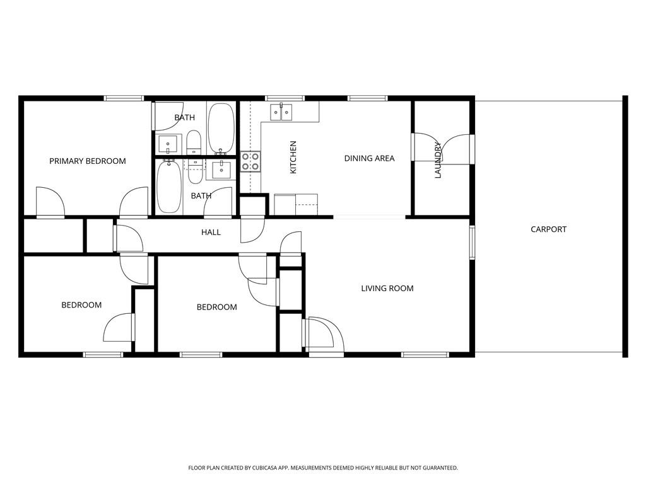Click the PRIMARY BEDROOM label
[88, 161]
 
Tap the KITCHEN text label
[293, 158]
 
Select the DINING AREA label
[369, 158]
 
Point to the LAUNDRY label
[438, 160]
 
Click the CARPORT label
[548, 229]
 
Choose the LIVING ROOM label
[387, 288]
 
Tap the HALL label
[211, 232]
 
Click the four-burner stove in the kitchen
[250, 161]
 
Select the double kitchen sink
[281, 112]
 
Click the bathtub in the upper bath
[221, 128]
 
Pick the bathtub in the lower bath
[168, 187]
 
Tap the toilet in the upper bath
[194, 142]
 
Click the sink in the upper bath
[168, 144]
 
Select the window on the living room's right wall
[472, 243]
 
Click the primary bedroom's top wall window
[124, 98]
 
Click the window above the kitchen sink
[285, 98]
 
